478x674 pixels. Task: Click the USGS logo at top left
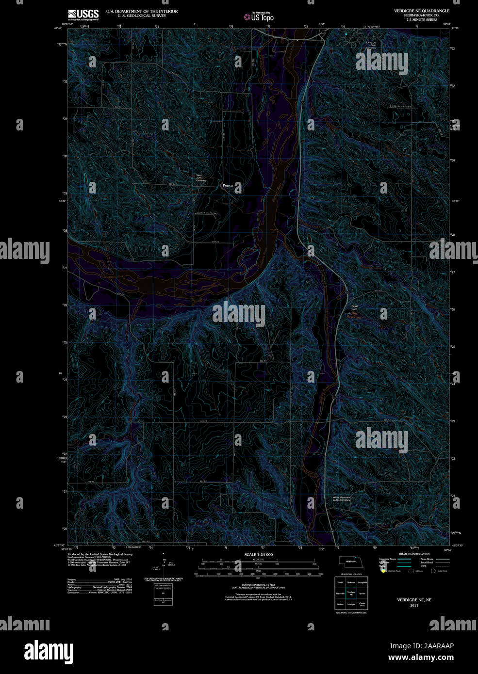(x=83, y=15)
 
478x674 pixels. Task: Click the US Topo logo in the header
(x=259, y=17)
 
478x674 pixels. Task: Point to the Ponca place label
(x=227, y=185)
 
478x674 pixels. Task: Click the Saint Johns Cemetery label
(x=201, y=178)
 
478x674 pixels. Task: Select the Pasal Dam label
(x=354, y=307)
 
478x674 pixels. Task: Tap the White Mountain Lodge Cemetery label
(x=341, y=498)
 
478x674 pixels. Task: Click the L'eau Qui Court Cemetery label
(x=371, y=45)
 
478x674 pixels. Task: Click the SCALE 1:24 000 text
(x=258, y=554)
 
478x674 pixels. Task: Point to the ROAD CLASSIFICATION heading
(x=414, y=554)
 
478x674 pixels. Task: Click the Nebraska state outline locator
(x=350, y=561)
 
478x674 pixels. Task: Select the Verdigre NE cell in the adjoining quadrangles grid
(x=351, y=593)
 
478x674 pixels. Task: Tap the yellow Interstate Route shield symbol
(x=383, y=571)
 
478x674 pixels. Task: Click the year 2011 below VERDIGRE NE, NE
(x=414, y=605)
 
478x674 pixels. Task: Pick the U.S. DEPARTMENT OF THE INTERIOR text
(x=142, y=11)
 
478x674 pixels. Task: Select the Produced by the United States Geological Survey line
(x=100, y=554)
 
